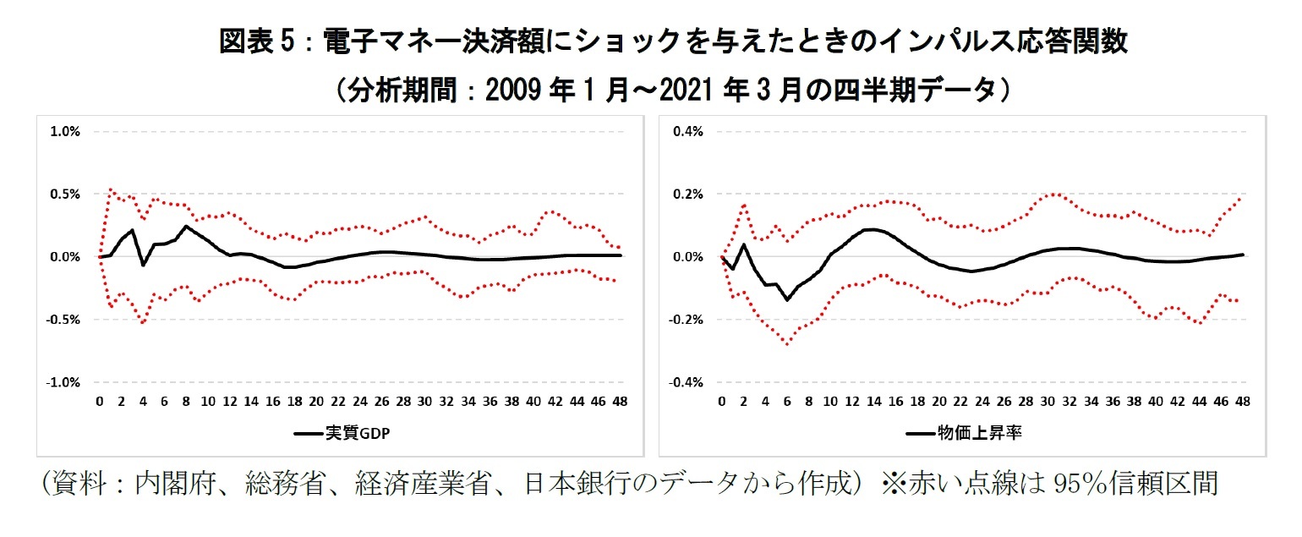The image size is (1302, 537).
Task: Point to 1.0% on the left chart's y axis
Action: point(65,131)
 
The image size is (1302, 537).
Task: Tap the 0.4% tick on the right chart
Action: point(687,131)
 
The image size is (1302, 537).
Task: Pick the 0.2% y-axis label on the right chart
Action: point(687,194)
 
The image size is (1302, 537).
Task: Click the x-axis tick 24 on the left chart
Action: point(360,402)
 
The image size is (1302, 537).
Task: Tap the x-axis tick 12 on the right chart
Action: point(852,402)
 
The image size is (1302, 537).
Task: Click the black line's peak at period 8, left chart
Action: point(186,226)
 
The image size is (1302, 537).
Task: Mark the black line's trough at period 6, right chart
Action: point(787,299)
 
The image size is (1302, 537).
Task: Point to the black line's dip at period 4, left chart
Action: point(143,265)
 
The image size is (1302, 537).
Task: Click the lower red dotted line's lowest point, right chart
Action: point(787,344)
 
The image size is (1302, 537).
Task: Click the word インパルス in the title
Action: point(899,41)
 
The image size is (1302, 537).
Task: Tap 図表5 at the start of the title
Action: point(260,41)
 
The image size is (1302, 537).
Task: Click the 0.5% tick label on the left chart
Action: point(65,194)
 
